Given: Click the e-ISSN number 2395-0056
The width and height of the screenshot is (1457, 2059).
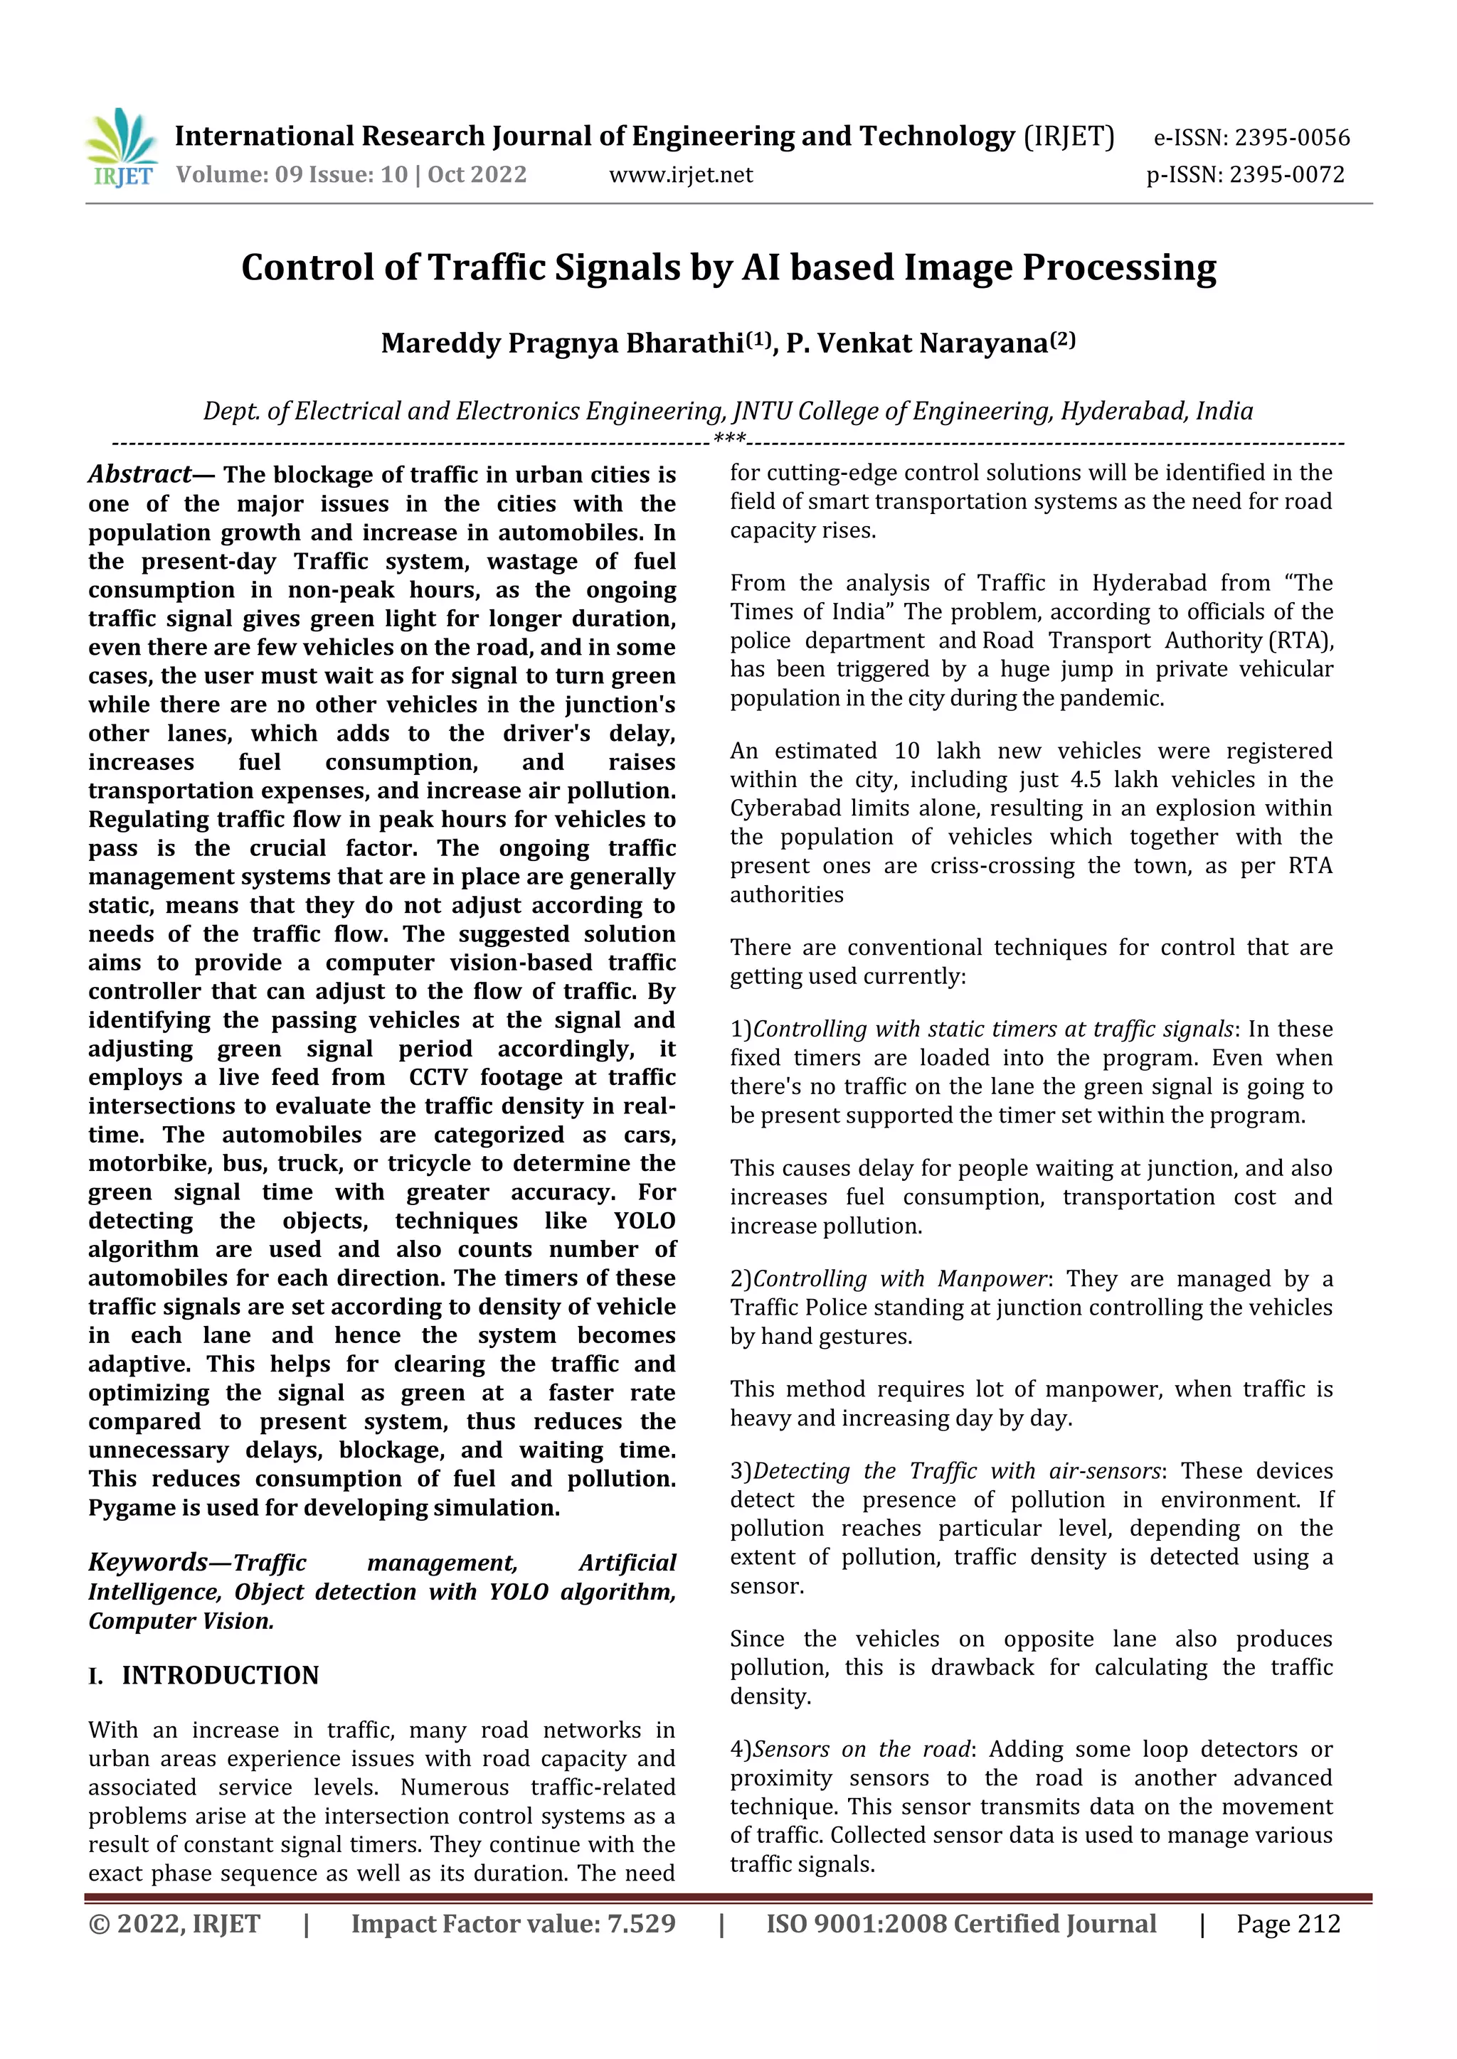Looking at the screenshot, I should point(1292,138).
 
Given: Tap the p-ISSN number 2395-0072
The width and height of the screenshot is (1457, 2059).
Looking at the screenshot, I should point(1286,175).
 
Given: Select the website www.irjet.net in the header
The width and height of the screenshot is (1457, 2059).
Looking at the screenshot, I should point(681,175).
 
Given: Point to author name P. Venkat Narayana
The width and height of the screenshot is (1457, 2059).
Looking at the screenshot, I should point(917,343).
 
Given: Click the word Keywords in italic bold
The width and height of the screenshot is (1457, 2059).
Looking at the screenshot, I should point(148,1563).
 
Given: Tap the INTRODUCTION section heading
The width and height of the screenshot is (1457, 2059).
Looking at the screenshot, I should point(220,1675).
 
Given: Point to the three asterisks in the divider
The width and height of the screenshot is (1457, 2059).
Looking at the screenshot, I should point(728,439).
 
